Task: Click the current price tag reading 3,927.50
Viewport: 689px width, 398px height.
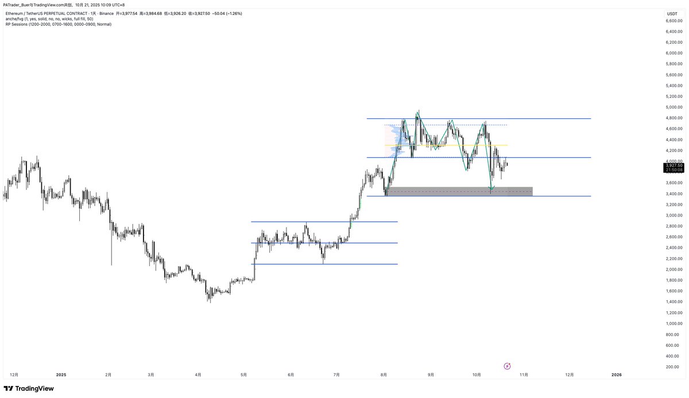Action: pos(674,165)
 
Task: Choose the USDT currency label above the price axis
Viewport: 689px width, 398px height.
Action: pos(672,13)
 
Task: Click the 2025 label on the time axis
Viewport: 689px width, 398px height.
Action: pos(61,375)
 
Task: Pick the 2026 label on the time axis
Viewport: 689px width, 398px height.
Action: pos(616,375)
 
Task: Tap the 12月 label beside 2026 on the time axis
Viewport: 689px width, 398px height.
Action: pos(569,375)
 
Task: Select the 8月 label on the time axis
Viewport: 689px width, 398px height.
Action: pos(384,375)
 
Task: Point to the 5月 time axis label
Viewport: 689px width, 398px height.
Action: pos(244,375)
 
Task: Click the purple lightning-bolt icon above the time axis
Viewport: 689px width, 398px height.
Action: pos(507,366)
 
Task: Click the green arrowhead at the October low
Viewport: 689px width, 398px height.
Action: pos(491,188)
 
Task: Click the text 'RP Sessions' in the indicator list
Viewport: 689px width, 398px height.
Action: pos(16,24)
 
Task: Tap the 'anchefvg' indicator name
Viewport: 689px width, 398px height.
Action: pos(14,19)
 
